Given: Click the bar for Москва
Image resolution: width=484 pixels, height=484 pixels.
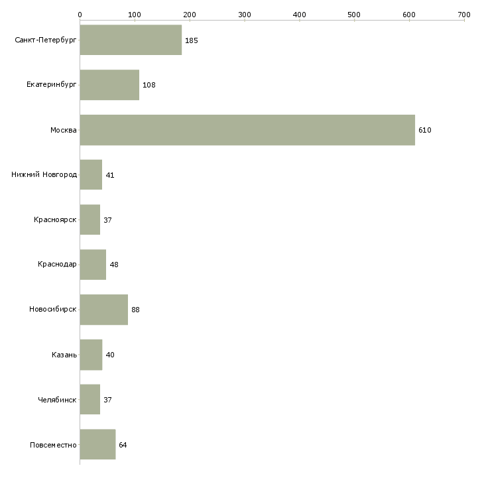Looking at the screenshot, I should pos(247,130).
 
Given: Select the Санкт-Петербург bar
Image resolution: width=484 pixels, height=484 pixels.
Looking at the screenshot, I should pos(131,40).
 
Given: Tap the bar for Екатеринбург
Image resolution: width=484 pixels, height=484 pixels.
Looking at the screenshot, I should pos(109,85).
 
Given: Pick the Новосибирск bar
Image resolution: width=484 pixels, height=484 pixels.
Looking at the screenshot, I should pos(103,310).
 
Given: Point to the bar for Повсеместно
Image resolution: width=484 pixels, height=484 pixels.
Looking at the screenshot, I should pos(97,444).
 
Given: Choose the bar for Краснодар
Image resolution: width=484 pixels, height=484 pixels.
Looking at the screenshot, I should pos(93,265).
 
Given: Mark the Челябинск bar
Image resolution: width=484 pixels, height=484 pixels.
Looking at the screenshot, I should pos(90,400).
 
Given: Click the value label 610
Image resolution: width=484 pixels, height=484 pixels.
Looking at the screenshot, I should pos(425,130).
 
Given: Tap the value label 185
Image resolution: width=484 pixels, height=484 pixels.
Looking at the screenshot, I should pos(192,40).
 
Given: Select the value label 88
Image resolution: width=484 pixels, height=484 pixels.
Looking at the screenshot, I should pos(135,310).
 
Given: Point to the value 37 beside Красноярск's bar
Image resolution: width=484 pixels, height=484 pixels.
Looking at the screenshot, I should pos(107,220).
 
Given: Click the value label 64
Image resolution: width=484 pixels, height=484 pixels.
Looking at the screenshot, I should pos(123,445).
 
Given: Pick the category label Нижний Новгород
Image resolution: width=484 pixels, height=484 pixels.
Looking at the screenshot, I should pos(44,175).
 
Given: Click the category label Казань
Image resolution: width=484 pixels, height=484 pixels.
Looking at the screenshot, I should pos(64,355).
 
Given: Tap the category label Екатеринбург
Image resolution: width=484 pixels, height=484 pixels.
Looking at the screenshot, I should pos(52,85).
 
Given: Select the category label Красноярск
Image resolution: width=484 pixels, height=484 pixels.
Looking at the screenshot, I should pos(55,219).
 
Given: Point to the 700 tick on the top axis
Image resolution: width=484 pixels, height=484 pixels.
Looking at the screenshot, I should pos(463,14).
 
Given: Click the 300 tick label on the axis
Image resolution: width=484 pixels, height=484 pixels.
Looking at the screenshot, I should pos(245,14).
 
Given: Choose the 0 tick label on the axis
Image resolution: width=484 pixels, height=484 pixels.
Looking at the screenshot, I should pos(80,14).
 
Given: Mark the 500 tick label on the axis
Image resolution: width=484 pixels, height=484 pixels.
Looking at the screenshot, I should pos(354,14).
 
